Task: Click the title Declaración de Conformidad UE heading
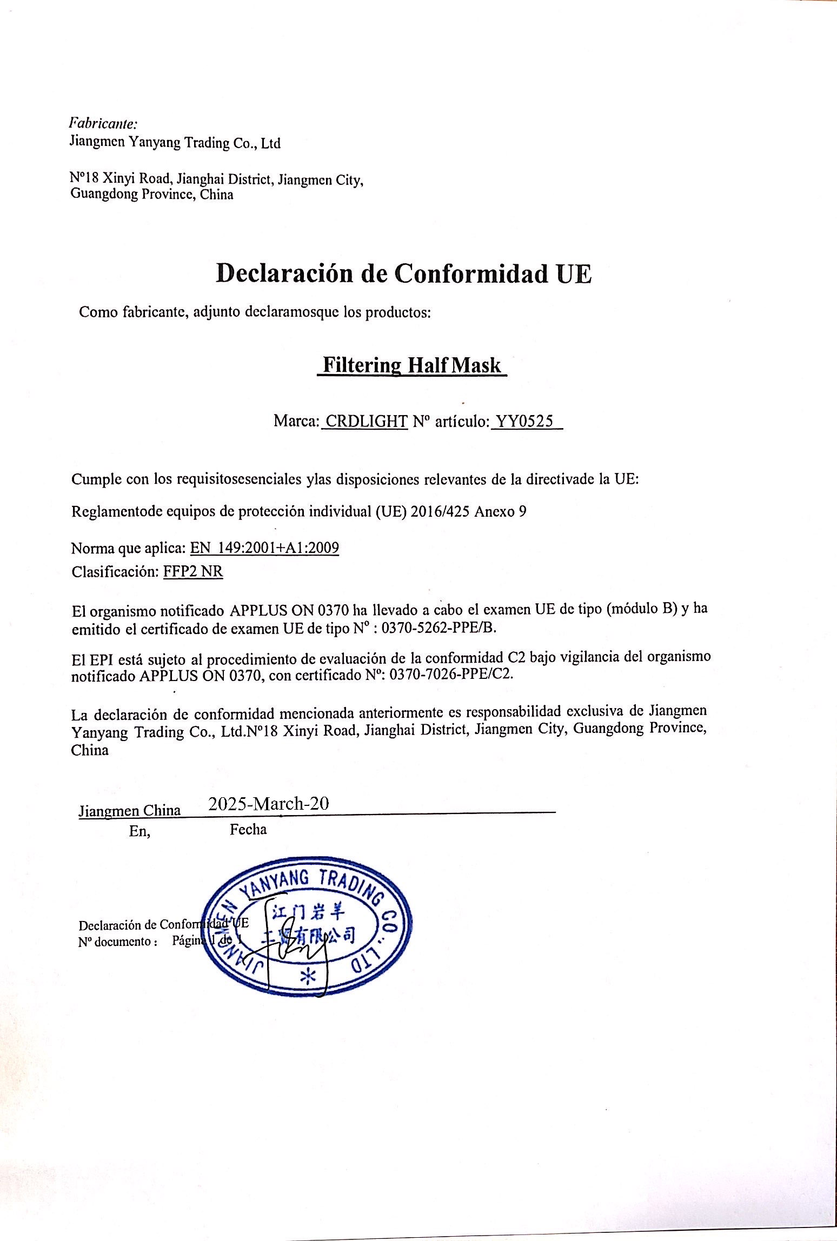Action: tap(403, 274)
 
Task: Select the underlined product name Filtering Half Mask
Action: tap(411, 366)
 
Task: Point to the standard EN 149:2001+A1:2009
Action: tap(264, 549)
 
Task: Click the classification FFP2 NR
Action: tap(193, 572)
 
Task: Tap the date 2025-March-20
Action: tap(269, 804)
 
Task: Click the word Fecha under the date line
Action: tap(248, 830)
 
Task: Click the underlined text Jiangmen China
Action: tap(130, 811)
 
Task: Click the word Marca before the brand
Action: tap(296, 421)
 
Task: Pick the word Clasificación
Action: tap(114, 572)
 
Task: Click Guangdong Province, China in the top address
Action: tap(152, 195)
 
